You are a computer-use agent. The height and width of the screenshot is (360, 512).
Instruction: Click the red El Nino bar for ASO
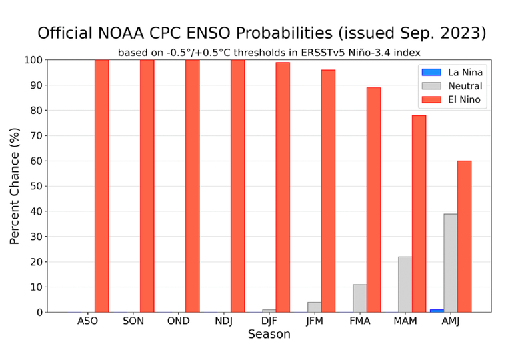click(101, 186)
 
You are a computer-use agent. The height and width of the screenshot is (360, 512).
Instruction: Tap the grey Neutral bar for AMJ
click(451, 263)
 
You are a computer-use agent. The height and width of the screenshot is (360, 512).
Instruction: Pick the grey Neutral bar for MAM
click(405, 284)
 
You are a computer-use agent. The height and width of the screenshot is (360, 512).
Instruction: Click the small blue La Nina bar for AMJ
click(437, 311)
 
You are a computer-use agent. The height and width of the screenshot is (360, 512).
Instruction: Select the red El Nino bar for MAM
click(419, 213)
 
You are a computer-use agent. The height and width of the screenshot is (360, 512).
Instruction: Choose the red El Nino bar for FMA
click(373, 200)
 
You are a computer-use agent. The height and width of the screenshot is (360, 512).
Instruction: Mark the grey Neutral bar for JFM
click(315, 307)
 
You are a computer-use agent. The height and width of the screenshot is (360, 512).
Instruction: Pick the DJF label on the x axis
click(269, 321)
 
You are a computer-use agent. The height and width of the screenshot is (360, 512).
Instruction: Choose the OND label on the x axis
click(178, 321)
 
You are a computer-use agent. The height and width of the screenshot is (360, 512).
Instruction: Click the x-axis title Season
click(269, 335)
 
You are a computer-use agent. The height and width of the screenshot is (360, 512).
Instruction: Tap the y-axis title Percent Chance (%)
click(15, 186)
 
